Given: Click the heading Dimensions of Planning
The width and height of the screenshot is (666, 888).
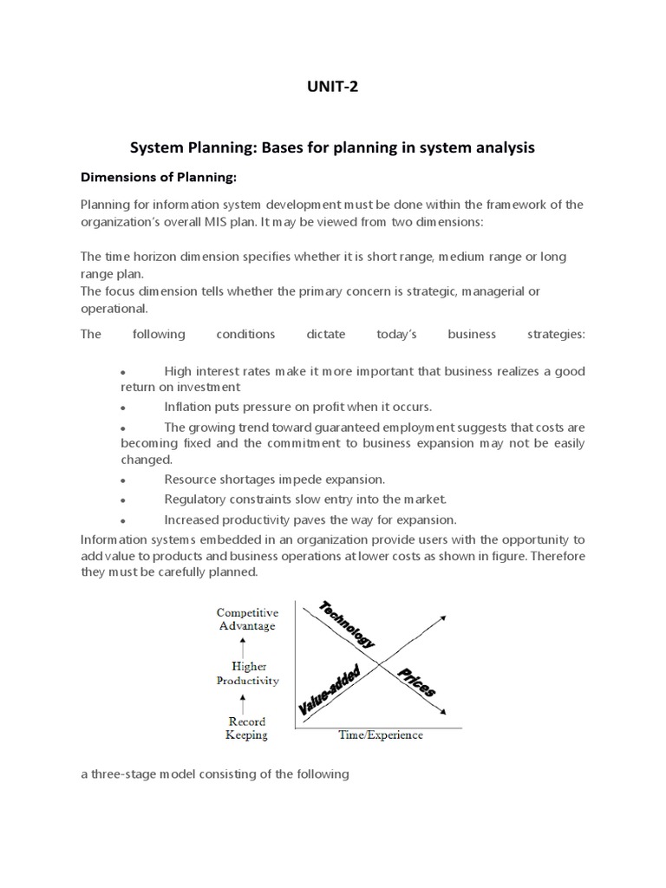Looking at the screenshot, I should coord(158,178).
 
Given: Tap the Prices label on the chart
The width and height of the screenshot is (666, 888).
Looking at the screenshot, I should coord(417,682).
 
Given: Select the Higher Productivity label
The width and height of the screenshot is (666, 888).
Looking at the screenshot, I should coord(247,674).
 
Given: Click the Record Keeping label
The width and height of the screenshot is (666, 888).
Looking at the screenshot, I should coord(247,728).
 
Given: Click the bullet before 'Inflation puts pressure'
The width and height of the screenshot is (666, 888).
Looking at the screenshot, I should coord(124,408).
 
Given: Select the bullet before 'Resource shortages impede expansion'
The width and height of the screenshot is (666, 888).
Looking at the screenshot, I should coord(124,480).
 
